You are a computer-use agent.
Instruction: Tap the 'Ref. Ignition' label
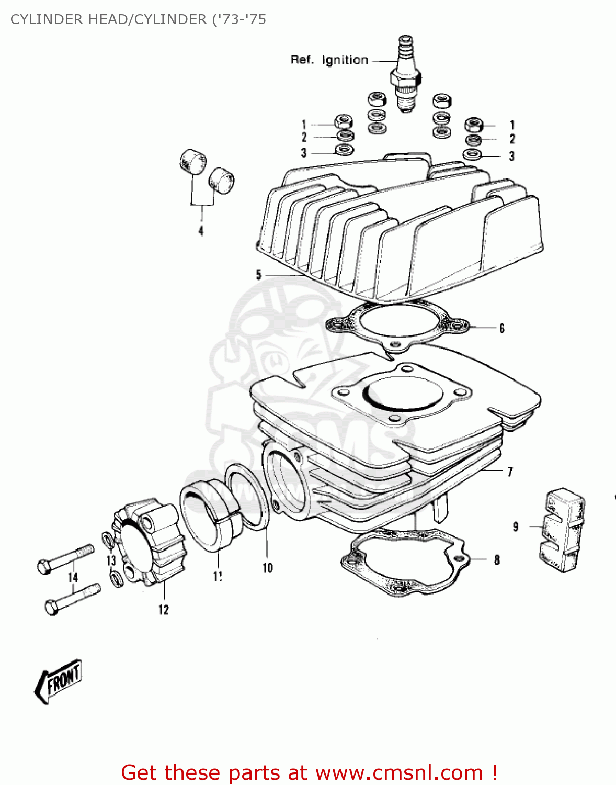click(329, 60)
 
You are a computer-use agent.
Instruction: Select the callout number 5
click(258, 275)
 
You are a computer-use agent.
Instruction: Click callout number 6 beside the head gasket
click(501, 329)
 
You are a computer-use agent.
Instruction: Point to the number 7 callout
click(510, 472)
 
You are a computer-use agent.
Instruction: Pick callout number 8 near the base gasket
click(497, 560)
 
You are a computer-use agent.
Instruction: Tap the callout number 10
click(267, 568)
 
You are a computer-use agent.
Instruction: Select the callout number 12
click(164, 610)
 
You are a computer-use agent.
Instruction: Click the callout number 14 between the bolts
click(73, 577)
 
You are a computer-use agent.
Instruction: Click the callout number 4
click(201, 231)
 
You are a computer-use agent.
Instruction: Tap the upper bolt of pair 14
click(65, 558)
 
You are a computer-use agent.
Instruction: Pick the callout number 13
click(111, 560)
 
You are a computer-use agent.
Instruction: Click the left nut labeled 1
click(343, 122)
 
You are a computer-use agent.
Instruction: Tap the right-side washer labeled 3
click(473, 155)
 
